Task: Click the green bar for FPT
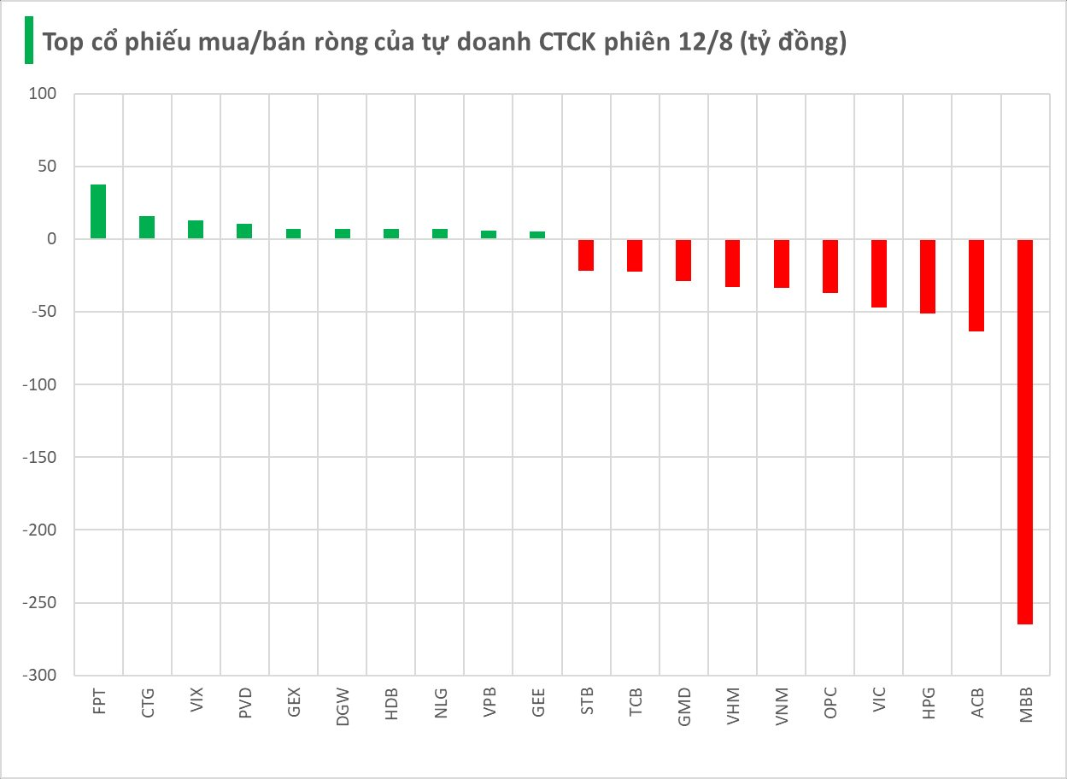point(98,212)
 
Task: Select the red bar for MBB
point(1025,431)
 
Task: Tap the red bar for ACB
point(976,285)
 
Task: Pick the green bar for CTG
point(147,227)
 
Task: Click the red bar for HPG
point(928,277)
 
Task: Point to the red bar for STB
point(586,255)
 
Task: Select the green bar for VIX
point(196,229)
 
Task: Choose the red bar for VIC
point(879,273)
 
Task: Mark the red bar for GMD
point(683,261)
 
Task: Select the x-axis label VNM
point(782,706)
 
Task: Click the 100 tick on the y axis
point(41,94)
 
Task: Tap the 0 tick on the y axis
point(51,239)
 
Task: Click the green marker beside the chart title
point(28,40)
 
